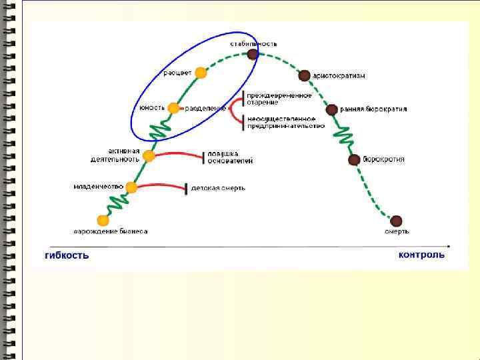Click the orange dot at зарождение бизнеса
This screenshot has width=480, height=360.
click(x=103, y=220)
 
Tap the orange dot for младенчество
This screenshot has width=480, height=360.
click(x=131, y=187)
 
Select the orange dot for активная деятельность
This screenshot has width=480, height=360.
click(x=149, y=156)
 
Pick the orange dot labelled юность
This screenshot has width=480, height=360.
click(x=173, y=108)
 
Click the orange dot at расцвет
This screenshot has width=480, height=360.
click(x=201, y=73)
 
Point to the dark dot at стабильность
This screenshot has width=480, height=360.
click(x=252, y=55)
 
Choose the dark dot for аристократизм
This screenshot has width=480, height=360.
click(x=304, y=76)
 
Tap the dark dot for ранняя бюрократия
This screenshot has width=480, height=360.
click(x=331, y=109)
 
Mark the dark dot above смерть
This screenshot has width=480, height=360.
click(x=396, y=221)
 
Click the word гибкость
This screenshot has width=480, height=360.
click(x=67, y=255)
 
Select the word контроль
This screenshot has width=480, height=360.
click(x=421, y=255)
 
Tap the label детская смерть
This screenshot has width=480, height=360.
click(x=218, y=188)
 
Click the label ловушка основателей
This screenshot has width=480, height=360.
click(x=231, y=157)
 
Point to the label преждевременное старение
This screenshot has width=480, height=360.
click(x=280, y=99)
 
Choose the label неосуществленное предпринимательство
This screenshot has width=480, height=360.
click(x=285, y=122)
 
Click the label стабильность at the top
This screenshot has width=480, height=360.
click(x=254, y=43)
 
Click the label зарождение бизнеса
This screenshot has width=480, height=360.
click(x=111, y=231)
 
